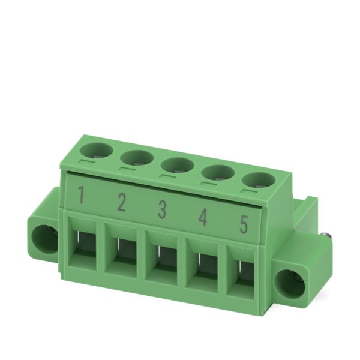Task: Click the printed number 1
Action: (80, 195)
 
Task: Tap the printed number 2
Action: (121, 202)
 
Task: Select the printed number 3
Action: (162, 209)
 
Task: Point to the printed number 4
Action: (203, 217)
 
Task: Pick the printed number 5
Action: (244, 224)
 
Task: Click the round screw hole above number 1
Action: (97, 151)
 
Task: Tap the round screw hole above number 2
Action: (137, 158)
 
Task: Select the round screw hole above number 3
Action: (178, 166)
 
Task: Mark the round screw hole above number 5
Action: (257, 181)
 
